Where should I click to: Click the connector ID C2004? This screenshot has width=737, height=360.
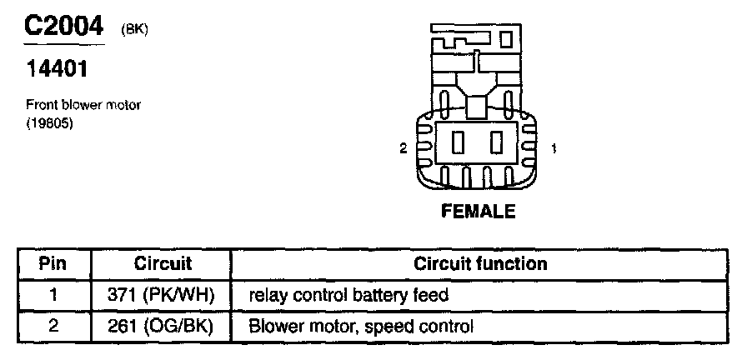(63, 27)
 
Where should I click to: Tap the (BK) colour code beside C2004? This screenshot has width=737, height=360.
(136, 31)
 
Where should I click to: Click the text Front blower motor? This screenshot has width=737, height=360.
(83, 105)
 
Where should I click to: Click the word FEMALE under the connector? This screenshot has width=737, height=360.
(478, 212)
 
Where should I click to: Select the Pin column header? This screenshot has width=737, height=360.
(53, 264)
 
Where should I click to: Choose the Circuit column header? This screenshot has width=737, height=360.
(163, 264)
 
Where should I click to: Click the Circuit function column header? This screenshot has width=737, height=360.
(480, 264)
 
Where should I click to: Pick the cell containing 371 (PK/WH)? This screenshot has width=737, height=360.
(161, 295)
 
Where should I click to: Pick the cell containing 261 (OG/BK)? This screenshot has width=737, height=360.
(161, 327)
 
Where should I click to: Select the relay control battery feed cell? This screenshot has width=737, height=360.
(348, 295)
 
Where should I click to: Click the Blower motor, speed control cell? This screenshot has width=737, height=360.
(361, 327)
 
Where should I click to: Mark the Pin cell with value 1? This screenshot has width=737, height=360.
(53, 295)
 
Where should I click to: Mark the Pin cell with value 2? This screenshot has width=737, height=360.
(53, 327)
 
